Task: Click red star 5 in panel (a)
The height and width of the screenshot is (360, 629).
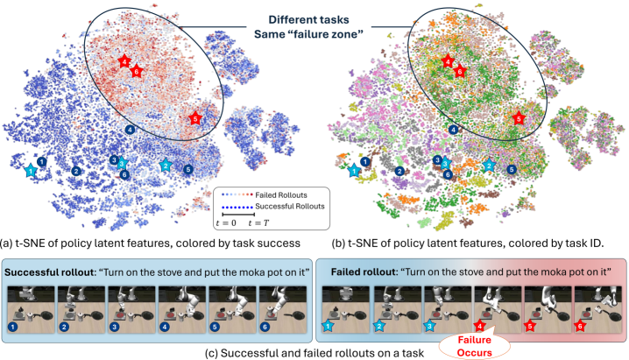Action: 195,117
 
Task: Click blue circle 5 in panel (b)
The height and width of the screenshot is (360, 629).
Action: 512,167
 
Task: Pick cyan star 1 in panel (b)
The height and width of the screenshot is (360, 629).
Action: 354,171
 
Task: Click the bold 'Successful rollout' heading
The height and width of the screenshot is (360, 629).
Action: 53,271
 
